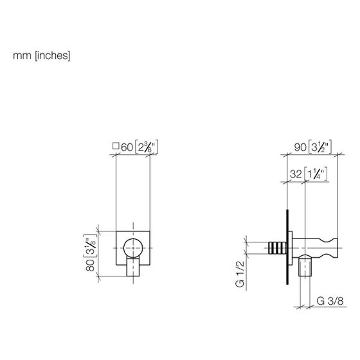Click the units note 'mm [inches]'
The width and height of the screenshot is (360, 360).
pos(42,56)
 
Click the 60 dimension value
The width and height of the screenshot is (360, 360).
pos(127,147)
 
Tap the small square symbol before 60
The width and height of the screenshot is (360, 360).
pos(116,146)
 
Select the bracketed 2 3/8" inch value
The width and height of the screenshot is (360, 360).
pos(147,147)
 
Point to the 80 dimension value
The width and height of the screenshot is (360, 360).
pos(90,265)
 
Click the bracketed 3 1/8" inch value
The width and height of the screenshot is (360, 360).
pos(90,246)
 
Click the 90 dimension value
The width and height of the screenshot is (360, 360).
pos(300,147)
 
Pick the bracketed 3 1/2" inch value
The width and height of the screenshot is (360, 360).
pos(320,147)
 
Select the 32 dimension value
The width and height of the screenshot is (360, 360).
pos(296,174)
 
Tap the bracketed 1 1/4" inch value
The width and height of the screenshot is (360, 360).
pos(316,174)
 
